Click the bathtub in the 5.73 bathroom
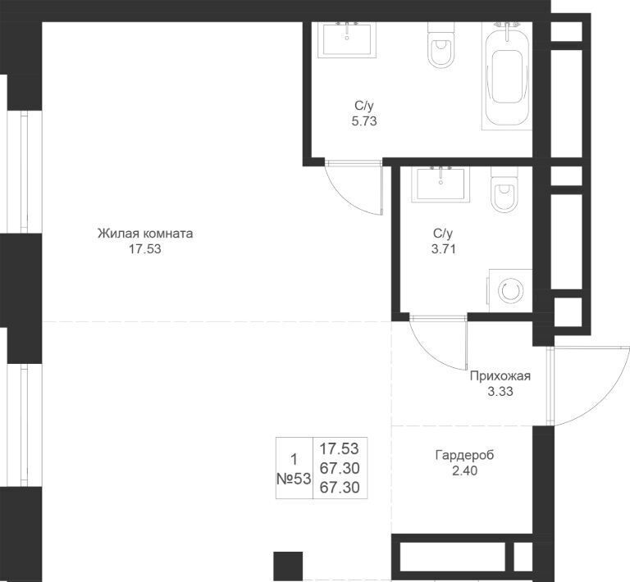point(507,76)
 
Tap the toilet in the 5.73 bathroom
point(441,45)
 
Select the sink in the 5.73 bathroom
point(348,39)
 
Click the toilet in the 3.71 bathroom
point(504,189)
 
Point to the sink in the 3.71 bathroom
point(441,184)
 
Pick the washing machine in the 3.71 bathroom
point(509,290)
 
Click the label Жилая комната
point(145,233)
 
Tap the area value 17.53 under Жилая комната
point(144,249)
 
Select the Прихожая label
point(500,376)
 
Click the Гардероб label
point(464,455)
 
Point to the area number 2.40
point(465,471)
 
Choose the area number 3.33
point(500,391)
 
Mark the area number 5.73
point(364,121)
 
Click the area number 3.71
point(443,249)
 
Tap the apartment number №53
point(294,479)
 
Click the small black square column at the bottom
point(288,566)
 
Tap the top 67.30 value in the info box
point(340,468)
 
